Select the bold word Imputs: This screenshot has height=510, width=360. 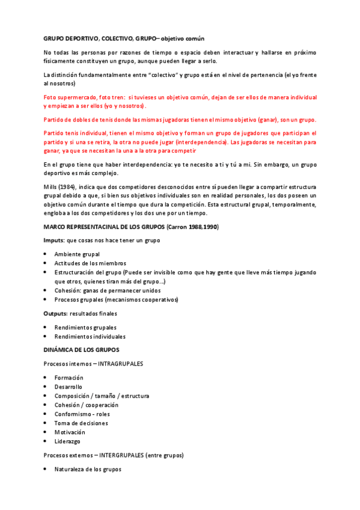[55, 240]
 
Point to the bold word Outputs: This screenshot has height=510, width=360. [56, 313]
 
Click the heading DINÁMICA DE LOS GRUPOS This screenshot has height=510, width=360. [81, 349]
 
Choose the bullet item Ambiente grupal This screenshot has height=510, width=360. [77, 254]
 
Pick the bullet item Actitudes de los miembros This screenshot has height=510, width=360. [90, 263]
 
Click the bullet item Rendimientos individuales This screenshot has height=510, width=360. [90, 336]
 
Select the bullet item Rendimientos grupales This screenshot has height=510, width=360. [85, 327]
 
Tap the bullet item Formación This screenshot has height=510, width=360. [69, 377]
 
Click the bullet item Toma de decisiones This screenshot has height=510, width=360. [82, 423]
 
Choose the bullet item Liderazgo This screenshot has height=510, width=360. [67, 441]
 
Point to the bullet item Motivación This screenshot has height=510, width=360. [70, 432]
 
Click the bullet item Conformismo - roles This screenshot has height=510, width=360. [82, 414]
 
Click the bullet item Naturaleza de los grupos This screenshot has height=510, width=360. [88, 469]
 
